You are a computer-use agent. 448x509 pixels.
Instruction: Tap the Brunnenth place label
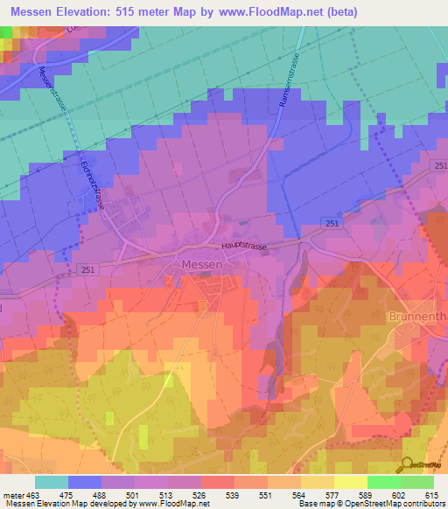[x=418, y=316]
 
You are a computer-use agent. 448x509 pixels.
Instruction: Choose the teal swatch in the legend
[x=52, y=482]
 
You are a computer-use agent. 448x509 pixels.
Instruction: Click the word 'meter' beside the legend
[x=12, y=494]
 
